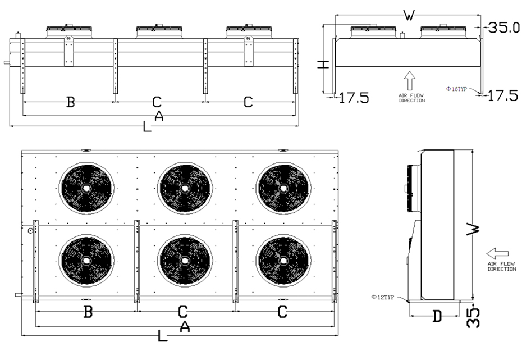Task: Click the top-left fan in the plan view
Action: pos(86,188)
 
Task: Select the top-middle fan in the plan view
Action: pos(185,188)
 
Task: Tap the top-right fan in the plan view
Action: pos(283,188)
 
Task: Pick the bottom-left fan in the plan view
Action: pos(86,261)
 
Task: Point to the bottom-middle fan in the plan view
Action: pos(185,261)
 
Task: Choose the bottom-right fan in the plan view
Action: pos(283,261)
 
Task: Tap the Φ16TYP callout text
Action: pos(457,89)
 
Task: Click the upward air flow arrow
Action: pos(410,80)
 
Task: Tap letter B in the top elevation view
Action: pos(71,102)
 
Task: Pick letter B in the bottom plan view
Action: pos(88,312)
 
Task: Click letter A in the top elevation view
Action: pos(159,116)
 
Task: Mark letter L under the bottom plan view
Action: pos(162,337)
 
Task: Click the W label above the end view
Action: pos(410,15)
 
